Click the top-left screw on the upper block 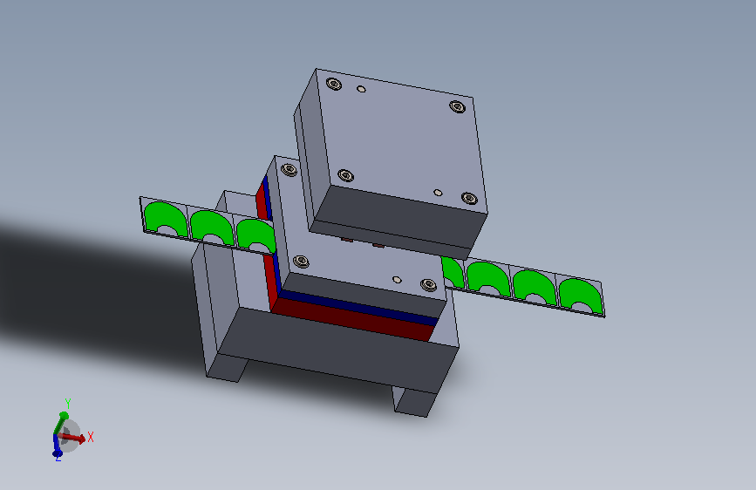334,84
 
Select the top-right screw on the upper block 457,106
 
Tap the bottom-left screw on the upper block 345,175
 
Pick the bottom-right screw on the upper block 469,198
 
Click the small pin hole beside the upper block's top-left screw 361,89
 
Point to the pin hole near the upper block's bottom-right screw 438,193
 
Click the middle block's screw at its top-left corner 289,170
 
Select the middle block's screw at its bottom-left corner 302,262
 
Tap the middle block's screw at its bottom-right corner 428,284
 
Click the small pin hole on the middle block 397,280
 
